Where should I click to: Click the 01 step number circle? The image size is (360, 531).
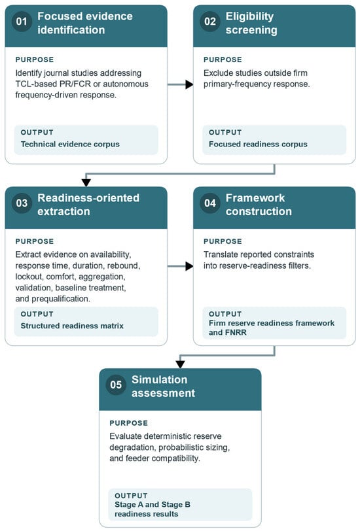coord(22,22)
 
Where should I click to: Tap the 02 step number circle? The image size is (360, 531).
coord(210,22)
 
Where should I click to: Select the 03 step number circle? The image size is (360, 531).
coord(22,203)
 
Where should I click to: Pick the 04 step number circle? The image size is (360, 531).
coord(210,203)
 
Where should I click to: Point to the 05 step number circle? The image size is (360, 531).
coord(116,385)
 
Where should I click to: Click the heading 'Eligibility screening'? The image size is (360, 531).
coord(251,23)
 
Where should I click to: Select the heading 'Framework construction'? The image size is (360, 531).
coord(259,205)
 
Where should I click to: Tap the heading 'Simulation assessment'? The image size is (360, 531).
coord(163,386)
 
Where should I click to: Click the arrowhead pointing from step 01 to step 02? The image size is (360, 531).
coord(190,84)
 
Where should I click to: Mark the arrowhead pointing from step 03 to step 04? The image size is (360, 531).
coord(190,266)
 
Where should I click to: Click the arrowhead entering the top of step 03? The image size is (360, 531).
coord(86,182)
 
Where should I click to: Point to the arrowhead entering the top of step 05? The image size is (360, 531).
coord(181,364)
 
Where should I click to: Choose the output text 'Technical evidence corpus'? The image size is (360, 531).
coord(70,145)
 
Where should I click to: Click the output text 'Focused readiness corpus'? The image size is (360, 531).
coord(258,145)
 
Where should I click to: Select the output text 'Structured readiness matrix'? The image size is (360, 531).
coord(72,326)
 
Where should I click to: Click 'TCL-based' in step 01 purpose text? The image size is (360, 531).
coord(36,84)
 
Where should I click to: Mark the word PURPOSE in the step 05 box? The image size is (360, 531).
coord(129,423)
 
